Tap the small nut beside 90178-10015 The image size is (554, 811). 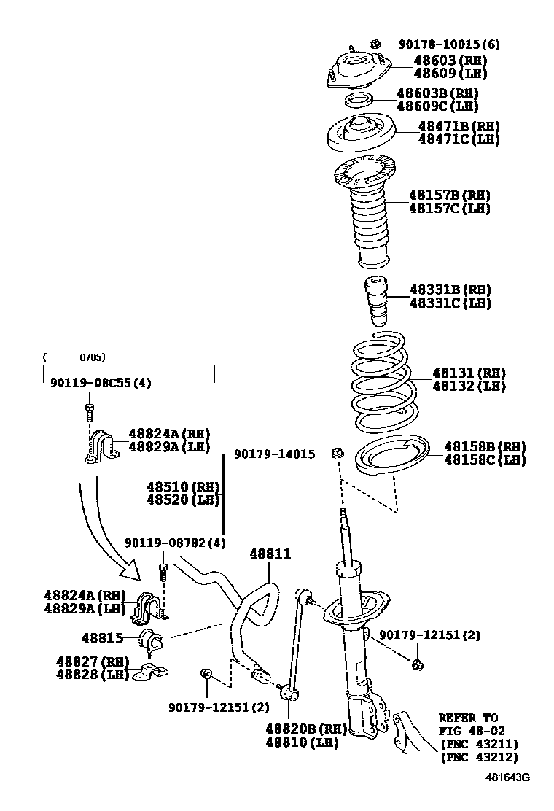[x=376, y=44]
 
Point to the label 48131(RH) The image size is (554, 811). [x=469, y=373]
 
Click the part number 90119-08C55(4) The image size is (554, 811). [x=101, y=382]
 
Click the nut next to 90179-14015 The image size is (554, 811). [x=338, y=454]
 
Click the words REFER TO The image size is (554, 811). [x=468, y=718]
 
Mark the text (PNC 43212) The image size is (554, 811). [x=479, y=757]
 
